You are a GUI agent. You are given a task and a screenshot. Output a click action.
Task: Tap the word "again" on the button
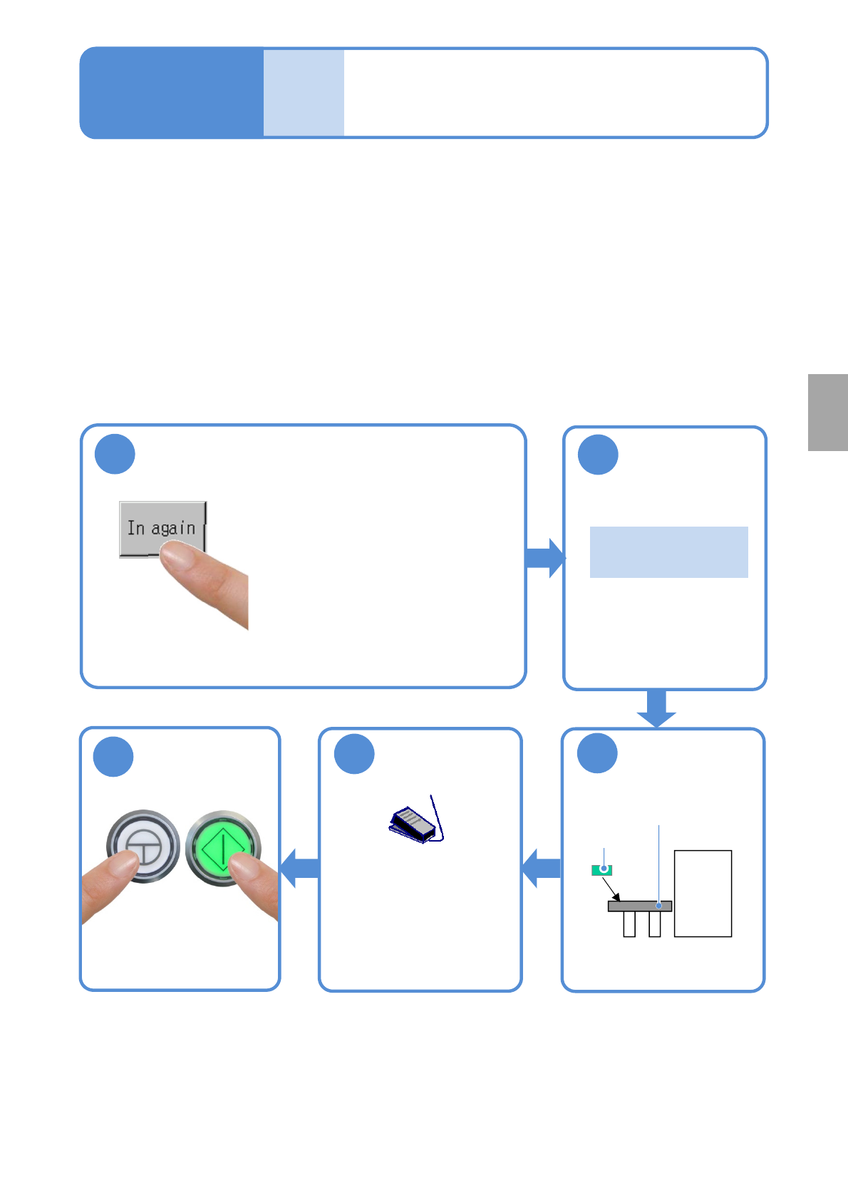pos(173,529)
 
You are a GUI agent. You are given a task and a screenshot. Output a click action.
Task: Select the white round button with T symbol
pos(143,846)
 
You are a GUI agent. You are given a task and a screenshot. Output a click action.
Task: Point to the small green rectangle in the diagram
pos(602,869)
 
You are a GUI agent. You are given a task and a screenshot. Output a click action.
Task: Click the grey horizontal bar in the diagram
pos(639,906)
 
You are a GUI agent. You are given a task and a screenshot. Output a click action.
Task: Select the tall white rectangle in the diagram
pos(703,893)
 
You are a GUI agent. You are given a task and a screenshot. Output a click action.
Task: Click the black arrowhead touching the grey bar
pos(616,897)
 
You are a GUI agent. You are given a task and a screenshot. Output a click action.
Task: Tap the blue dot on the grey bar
pos(659,906)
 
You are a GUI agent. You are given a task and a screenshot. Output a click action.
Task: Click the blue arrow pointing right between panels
pos(545,558)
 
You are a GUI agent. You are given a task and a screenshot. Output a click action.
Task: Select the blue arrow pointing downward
pos(656,708)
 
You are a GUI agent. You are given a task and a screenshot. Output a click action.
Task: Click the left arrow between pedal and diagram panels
pos(542,868)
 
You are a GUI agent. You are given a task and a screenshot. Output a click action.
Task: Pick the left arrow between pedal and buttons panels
pos(300,868)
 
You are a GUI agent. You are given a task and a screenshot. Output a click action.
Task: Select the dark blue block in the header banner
pos(172,93)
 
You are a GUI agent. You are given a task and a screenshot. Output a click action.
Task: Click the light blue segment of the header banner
pos(304,93)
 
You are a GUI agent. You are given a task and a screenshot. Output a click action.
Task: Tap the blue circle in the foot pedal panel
pos(354,754)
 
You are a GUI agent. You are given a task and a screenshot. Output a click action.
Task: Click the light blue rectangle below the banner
pos(668,552)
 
